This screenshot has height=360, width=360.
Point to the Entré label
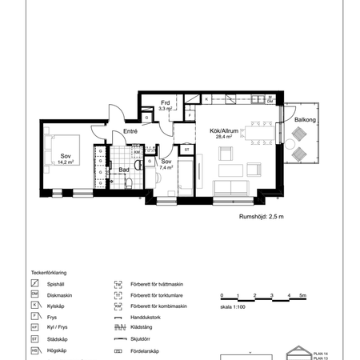point(130,131)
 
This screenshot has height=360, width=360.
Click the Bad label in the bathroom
point(124,170)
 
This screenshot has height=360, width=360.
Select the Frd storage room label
point(165,102)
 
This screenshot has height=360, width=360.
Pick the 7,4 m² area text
point(166,168)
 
